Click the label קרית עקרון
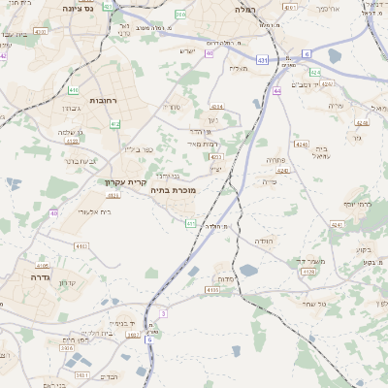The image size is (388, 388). pos(126,180)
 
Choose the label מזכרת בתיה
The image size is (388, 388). pos(173,190)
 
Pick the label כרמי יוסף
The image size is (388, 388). pos(357,205)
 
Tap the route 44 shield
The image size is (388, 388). pos(277,91)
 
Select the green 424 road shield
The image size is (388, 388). pos(315,72)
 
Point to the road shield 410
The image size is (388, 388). pos(74,90)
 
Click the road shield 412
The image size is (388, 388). pos(115,124)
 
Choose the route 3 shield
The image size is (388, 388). pos(164,313)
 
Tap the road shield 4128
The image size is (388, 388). pos(308,272)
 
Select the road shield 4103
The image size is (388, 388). pos(211,289)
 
